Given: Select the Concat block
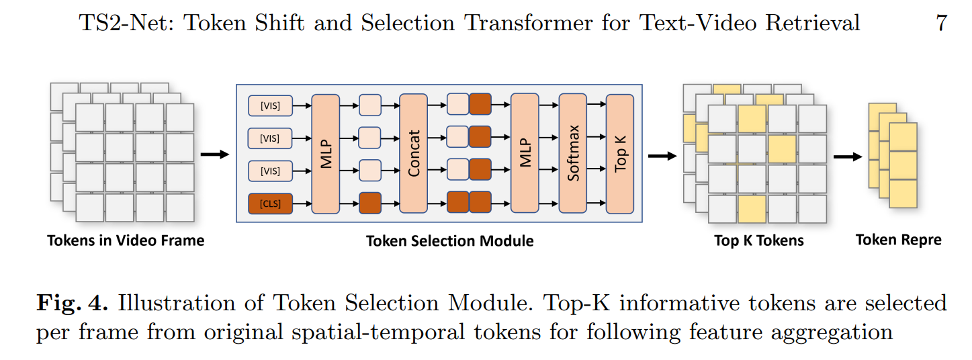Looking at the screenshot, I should [413, 154].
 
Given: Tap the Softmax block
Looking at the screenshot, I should [573, 154].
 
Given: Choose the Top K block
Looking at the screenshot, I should [620, 154].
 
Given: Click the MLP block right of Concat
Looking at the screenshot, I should [525, 154].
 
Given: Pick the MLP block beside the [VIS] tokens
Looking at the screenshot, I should [326, 154].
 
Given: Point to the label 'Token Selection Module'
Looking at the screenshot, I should [449, 240].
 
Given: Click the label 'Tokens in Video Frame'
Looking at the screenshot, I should [126, 240].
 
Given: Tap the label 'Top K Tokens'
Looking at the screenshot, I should [758, 240].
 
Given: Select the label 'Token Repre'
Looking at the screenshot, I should [898, 240].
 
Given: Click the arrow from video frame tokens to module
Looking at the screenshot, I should [215, 155].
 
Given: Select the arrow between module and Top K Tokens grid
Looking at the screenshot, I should [662, 156].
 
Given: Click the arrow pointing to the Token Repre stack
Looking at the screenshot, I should [847, 156].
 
